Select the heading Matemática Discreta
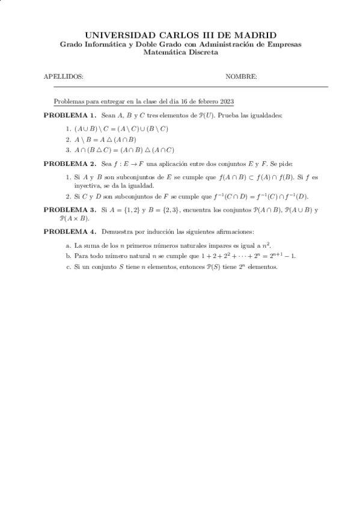click(180, 52)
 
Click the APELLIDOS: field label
click(64, 77)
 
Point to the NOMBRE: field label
click(241, 77)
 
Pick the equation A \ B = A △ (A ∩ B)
click(105, 140)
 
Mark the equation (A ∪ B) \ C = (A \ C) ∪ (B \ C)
click(121, 129)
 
